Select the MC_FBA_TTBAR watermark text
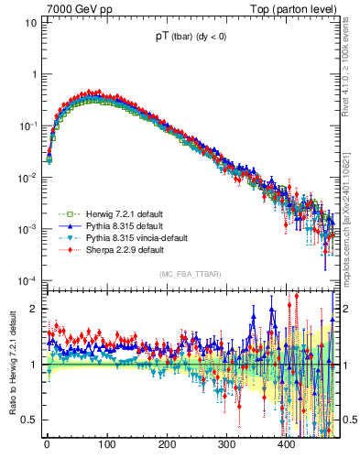click(191, 275)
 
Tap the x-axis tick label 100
click(106, 445)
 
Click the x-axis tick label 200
click(167, 445)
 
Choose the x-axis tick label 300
click(226, 445)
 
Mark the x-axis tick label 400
click(286, 445)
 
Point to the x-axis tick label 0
click(47, 445)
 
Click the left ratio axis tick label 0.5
click(27, 420)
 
